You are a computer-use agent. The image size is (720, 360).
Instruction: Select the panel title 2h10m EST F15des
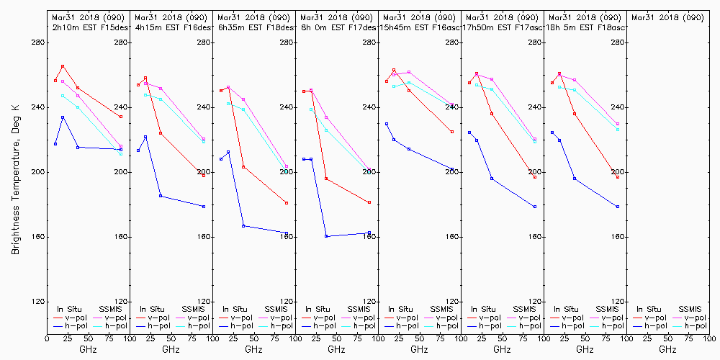click(87, 27)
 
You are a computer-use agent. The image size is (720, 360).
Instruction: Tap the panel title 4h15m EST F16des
click(171, 27)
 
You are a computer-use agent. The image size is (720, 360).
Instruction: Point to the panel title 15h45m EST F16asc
click(420, 27)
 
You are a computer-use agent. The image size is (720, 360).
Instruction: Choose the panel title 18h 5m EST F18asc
click(585, 27)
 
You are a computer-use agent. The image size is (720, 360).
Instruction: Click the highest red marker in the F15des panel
click(63, 66)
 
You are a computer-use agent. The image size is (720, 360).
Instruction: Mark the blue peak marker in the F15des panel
click(63, 117)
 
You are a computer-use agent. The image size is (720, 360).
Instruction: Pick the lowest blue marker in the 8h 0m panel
click(326, 236)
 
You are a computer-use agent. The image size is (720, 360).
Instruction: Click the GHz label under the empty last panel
click(667, 349)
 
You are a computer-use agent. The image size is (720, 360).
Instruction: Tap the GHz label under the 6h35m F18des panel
click(253, 349)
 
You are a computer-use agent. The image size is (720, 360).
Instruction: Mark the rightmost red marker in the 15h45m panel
click(452, 132)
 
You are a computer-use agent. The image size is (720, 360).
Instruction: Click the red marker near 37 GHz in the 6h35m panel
click(243, 167)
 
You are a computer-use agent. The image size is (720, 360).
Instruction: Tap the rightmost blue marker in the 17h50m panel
click(535, 207)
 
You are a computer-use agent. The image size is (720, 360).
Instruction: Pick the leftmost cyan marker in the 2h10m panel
click(63, 96)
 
